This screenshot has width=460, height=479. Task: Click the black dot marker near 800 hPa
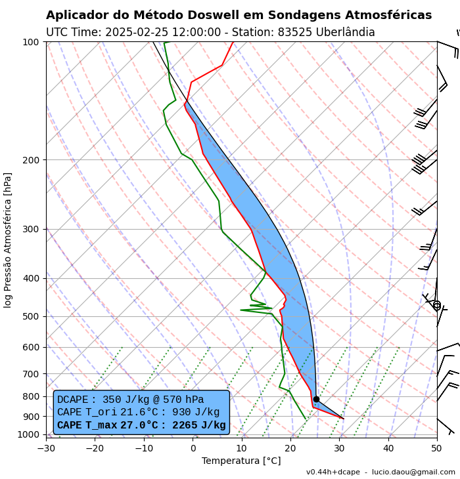pos(316,399)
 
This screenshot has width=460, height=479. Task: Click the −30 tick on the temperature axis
pos(46,448)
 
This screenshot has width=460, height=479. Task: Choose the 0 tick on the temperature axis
pos(193,448)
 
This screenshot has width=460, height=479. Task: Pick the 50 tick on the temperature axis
pos(437,448)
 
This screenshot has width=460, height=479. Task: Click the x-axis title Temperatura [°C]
pos(241,461)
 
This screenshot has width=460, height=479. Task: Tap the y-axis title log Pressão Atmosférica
pos(8,240)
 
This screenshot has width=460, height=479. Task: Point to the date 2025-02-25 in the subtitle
pos(139,32)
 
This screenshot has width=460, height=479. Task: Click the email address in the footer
pos(413,472)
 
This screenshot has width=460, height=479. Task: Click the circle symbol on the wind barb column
pos(437,305)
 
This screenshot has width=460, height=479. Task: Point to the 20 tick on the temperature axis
pos(290,448)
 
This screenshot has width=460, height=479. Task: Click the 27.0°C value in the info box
pos(139,425)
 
